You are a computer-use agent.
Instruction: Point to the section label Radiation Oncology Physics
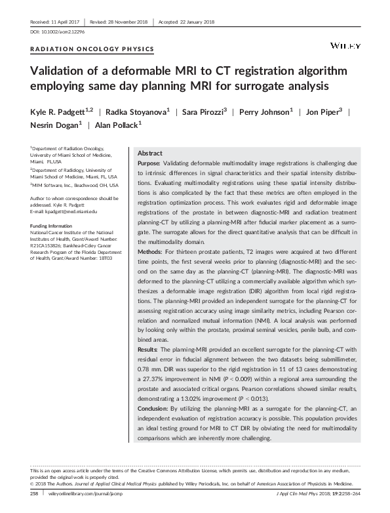point(92,49)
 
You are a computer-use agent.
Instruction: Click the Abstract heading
point(151,152)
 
